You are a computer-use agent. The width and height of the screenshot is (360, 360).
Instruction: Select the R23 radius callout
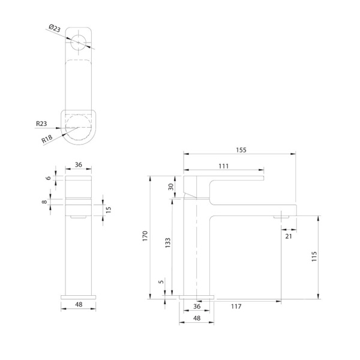click(41, 124)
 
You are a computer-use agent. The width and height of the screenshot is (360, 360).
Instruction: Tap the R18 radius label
click(47, 139)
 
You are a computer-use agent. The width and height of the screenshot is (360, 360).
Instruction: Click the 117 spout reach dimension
click(236, 307)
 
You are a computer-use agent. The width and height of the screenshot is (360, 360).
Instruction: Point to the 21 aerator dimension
click(289, 237)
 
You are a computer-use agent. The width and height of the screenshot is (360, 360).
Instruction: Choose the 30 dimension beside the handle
click(171, 187)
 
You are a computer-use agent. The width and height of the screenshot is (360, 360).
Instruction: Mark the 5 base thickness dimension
click(161, 281)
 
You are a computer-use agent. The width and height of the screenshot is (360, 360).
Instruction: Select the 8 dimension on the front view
click(44, 202)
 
